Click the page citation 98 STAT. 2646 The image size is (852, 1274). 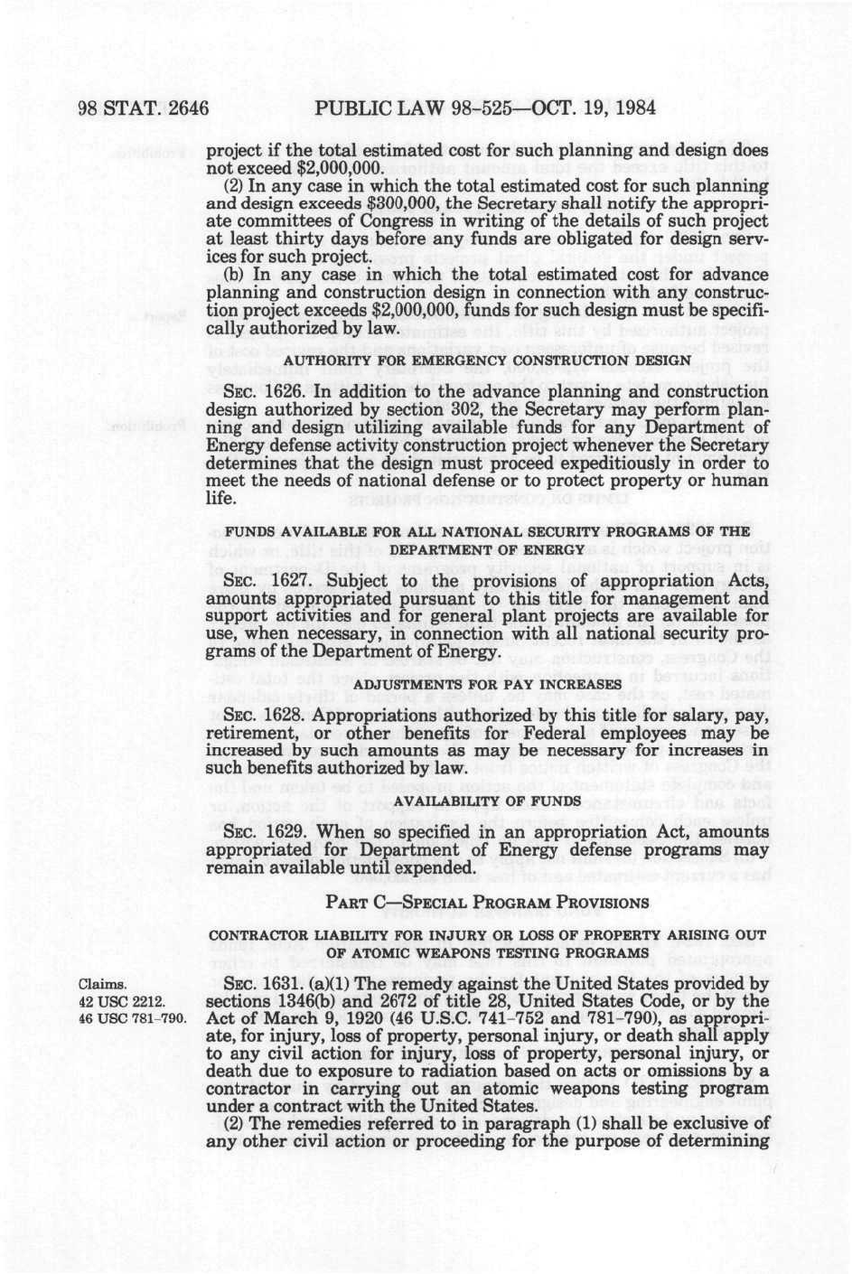pyautogui.click(x=144, y=109)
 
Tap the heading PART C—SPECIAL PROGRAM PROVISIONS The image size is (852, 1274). pyautogui.click(x=487, y=903)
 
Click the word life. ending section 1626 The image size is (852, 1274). pyautogui.click(x=221, y=498)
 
